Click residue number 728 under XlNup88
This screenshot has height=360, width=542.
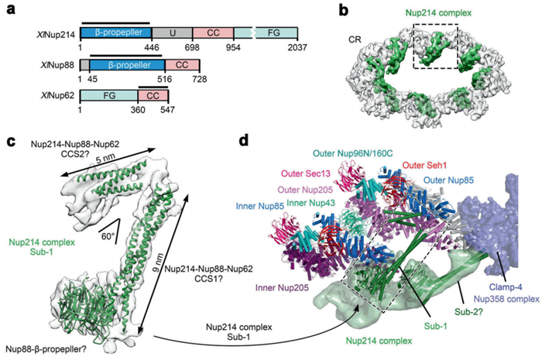click(183, 78)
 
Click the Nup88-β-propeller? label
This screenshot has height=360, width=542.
click(45, 350)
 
